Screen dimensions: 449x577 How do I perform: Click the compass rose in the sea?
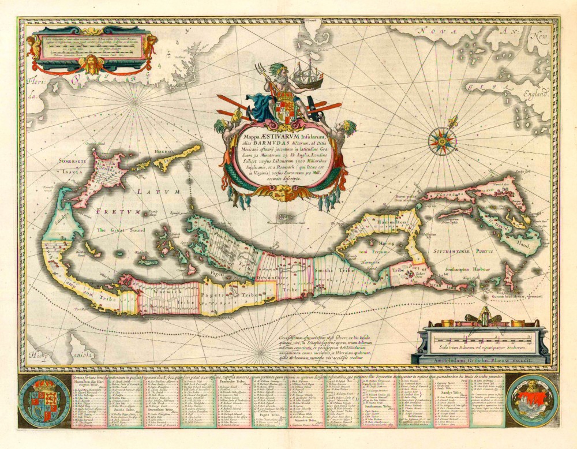[442, 140]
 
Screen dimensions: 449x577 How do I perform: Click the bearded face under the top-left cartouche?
[88, 63]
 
